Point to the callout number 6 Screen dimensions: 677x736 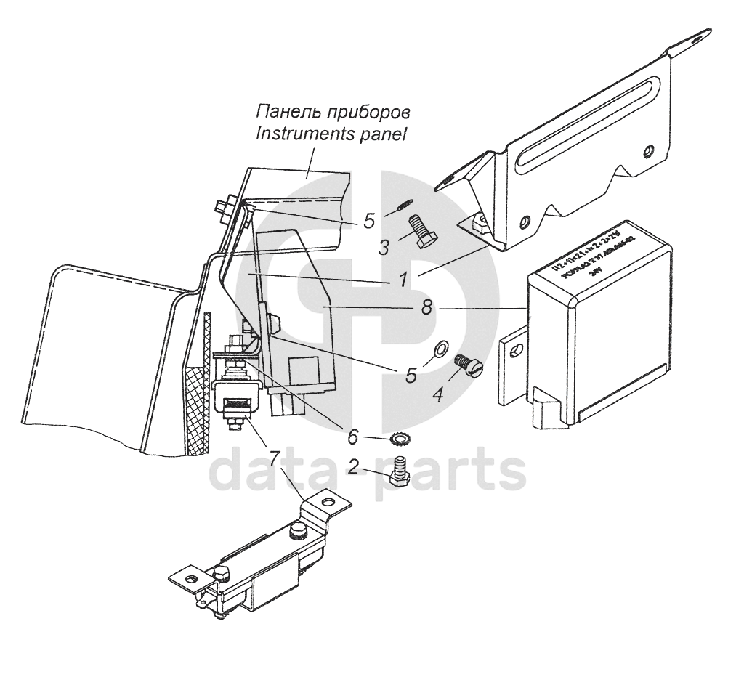point(353,437)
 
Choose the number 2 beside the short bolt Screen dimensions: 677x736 point(352,466)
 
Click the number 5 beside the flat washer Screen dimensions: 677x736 point(411,375)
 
